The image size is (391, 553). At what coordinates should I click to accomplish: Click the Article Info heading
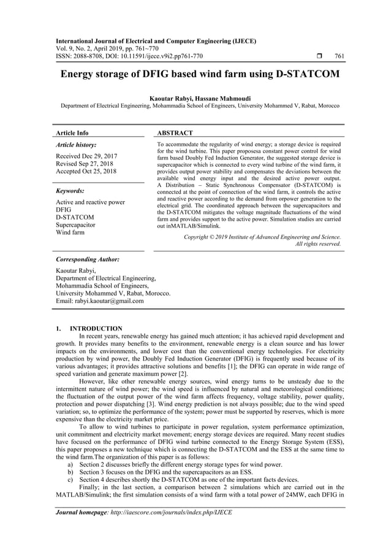pos(72,132)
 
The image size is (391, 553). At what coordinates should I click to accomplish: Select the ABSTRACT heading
pos(175,132)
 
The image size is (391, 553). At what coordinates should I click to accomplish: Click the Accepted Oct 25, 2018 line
pos(86,171)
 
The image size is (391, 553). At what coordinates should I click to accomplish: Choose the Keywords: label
pos(70,191)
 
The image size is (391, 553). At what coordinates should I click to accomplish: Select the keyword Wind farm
pos(70,233)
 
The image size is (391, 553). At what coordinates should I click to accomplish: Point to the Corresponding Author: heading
pos(88,259)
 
